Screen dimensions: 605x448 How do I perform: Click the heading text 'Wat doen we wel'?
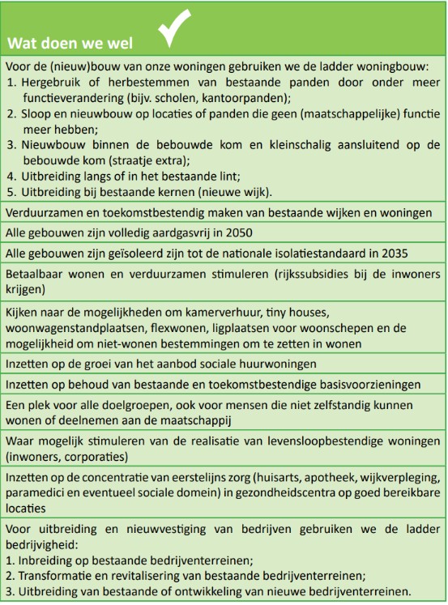click(70, 41)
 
